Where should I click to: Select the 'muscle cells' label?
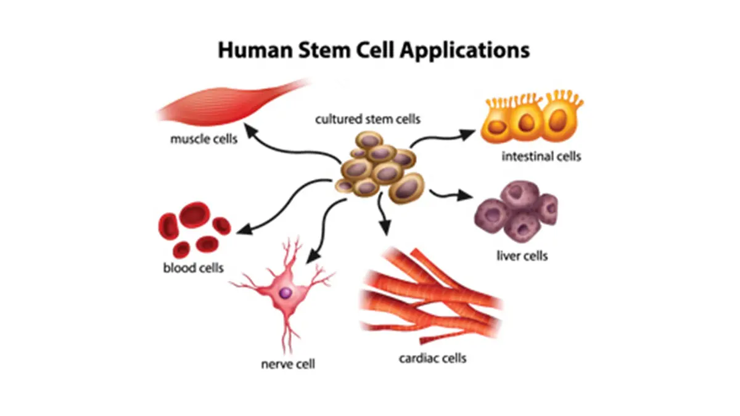point(203,139)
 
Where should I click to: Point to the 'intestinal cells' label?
point(541,156)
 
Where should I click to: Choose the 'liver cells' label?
point(522,255)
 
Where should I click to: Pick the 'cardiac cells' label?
point(432,357)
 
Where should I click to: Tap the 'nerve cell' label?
point(288,364)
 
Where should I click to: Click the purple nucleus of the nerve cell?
point(286,293)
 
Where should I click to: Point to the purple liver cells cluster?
point(517,210)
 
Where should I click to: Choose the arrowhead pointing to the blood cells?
point(242,230)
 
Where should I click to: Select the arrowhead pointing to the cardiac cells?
point(385,230)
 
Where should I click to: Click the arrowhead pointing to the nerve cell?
point(311,255)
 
